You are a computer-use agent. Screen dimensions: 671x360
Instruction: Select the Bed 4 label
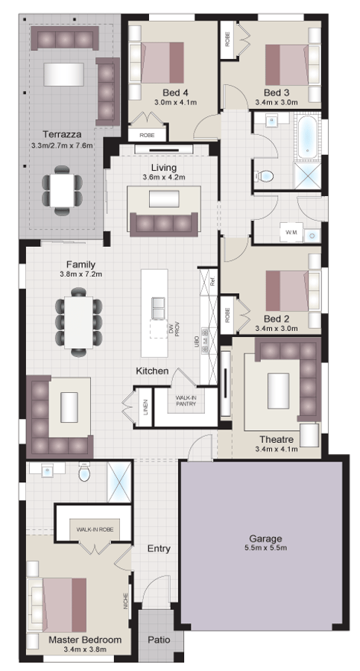coord(164,92)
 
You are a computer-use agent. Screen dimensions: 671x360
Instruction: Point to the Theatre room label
coord(276,438)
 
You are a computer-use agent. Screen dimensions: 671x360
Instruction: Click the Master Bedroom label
coord(85,639)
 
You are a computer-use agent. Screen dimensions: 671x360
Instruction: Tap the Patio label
coord(158,639)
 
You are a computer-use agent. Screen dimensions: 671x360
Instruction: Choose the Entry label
coord(158,548)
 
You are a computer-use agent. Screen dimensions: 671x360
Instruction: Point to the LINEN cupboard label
coord(145,407)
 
